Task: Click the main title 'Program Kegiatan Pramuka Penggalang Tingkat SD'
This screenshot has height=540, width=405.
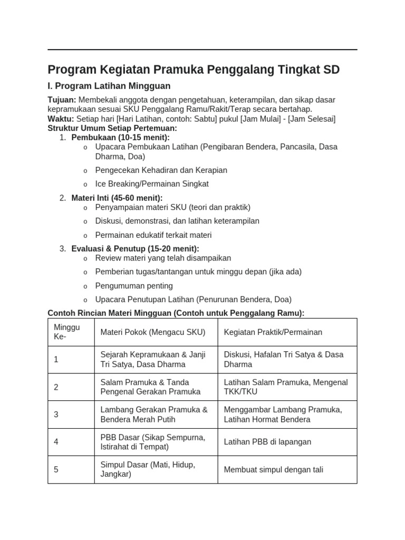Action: pos(194,70)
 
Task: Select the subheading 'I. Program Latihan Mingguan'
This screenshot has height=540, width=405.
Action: pos(109,86)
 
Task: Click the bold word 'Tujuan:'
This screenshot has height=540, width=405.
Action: pos(62,100)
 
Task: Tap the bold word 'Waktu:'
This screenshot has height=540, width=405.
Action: pos(61,119)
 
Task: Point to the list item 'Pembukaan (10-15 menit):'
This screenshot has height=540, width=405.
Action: pos(120,138)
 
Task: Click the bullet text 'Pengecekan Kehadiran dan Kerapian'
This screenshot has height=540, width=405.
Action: pos(161,170)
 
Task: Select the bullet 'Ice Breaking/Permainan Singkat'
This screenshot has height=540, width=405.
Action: pos(152,184)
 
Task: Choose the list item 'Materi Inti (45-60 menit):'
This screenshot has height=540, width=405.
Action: pos(117,198)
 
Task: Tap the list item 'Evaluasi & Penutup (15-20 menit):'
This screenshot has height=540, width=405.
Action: pos(135,248)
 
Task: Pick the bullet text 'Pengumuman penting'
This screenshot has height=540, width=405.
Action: pos(134,286)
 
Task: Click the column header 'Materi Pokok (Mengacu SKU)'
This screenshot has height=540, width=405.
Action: pos(153,332)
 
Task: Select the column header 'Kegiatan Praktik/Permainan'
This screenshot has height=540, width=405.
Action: pos(273,332)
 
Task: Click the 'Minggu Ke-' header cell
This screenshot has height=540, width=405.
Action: pos(67,332)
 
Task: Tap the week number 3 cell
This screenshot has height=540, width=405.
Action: pos(56,414)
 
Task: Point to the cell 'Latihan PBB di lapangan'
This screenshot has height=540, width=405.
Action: pos(267,442)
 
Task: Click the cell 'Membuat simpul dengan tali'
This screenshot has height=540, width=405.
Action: pos(274,469)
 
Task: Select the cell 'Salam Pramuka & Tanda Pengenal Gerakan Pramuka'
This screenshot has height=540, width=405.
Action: pos(150,387)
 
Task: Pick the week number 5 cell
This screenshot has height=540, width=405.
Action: pos(56,469)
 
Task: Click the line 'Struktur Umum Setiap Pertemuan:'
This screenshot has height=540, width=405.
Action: pos(112,128)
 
